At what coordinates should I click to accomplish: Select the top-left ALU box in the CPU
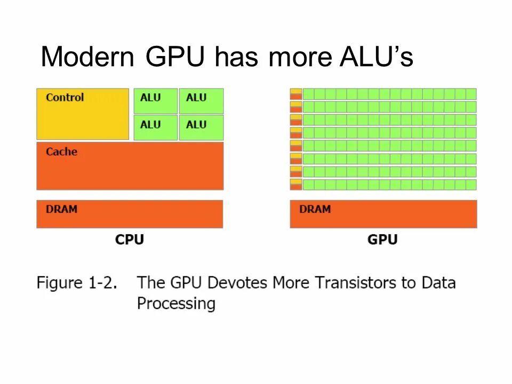pos(156,101)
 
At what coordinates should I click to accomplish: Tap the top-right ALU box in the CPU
pos(201,101)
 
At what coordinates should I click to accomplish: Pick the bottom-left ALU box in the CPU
pos(156,127)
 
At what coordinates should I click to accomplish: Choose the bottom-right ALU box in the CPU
pos(201,127)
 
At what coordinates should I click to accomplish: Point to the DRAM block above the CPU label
pos(130,214)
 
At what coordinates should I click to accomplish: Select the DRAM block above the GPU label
pos(383,214)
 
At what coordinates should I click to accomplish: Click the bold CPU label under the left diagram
pos(130,239)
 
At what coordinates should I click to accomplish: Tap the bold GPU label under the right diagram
pos(382,239)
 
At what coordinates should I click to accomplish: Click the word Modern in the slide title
pos(87,57)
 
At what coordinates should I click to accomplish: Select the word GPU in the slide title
pos(174,57)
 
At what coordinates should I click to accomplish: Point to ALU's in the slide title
pos(377,57)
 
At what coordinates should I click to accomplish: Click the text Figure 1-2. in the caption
pos(76,283)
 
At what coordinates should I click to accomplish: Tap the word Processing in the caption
pos(176,304)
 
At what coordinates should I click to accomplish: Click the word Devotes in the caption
pos(239,282)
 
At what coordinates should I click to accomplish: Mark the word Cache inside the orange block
pos(61,151)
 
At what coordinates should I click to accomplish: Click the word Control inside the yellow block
pos(65,97)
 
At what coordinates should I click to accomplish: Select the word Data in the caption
pos(438,282)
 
